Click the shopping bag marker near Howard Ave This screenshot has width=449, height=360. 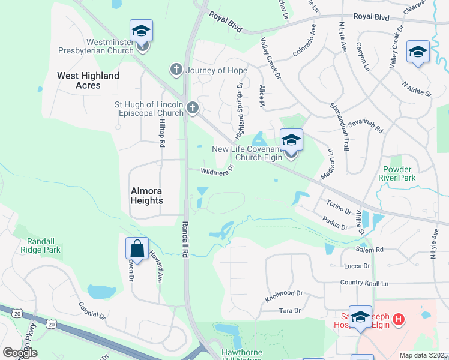137,249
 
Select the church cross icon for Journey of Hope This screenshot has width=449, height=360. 176,70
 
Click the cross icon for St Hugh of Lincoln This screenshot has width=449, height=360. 192,108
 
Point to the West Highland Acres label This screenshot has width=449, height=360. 88,80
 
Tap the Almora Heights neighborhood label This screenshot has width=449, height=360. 147,196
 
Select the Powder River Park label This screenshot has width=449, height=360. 398,173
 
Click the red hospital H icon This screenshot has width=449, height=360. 398,321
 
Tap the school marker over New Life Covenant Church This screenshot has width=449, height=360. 291,141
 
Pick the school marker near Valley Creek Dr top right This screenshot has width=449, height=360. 418,52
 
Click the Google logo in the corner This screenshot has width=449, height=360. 20,353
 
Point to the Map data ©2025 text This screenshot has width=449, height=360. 423,355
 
